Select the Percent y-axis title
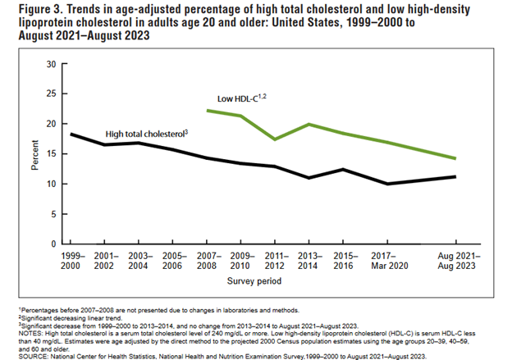(x=34, y=153)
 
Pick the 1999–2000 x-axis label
(x=71, y=260)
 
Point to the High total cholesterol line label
(x=151, y=132)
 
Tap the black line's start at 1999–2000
(x=71, y=134)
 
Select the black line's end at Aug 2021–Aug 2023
(x=455, y=176)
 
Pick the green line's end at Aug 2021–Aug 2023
(x=455, y=158)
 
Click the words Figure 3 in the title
(x=30, y=10)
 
